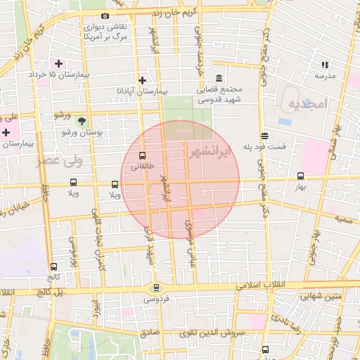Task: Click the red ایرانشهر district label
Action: coord(210,153)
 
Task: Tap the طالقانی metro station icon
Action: coord(143,155)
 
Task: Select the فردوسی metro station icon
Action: coord(155,287)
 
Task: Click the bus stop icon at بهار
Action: coord(301,176)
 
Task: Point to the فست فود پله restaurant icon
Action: coord(264,136)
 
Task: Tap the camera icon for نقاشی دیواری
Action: coord(105,16)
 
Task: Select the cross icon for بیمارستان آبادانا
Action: coord(143,80)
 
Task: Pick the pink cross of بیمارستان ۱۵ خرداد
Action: coord(58,63)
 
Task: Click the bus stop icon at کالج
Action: coord(54,266)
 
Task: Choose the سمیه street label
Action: coord(343,219)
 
